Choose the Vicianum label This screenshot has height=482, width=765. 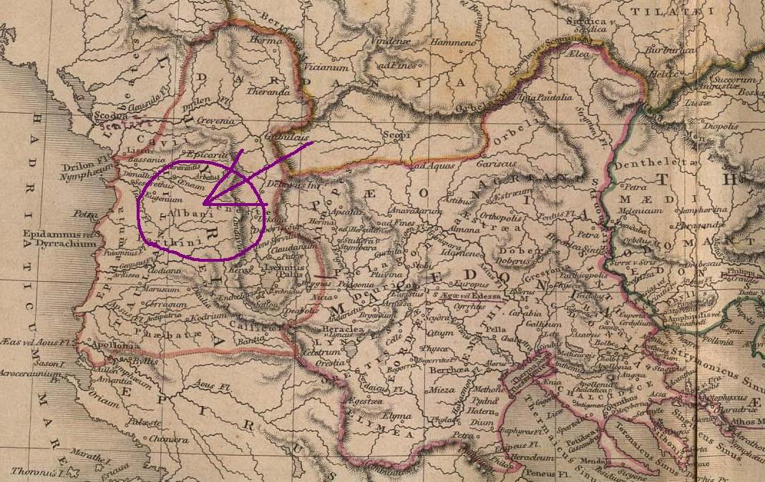coord(330,67)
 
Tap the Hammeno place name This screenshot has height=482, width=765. coord(453,44)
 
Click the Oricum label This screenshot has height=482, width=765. coord(104,403)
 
